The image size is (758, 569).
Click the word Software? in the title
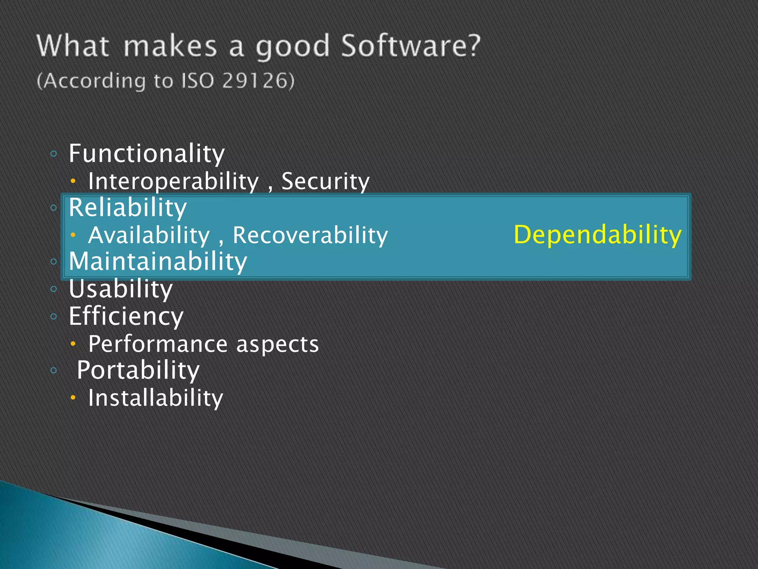pyautogui.click(x=410, y=46)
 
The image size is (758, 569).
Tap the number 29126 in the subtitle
pyautogui.click(x=258, y=81)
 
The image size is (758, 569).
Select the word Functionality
pyautogui.click(x=147, y=154)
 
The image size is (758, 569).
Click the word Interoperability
pyautogui.click(x=173, y=182)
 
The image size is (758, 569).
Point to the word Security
pyautogui.click(x=325, y=182)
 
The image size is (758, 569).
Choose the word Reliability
pyautogui.click(x=128, y=207)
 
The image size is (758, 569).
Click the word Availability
pyautogui.click(x=149, y=235)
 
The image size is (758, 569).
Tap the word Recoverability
pyautogui.click(x=310, y=235)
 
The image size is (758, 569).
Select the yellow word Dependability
pyautogui.click(x=597, y=235)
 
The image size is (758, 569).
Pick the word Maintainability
pyautogui.click(x=158, y=262)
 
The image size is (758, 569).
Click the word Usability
pyautogui.click(x=121, y=289)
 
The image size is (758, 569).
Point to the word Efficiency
pyautogui.click(x=126, y=316)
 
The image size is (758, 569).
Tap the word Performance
pyautogui.click(x=158, y=344)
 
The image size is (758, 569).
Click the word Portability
pyautogui.click(x=138, y=370)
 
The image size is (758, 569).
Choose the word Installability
pyautogui.click(x=155, y=398)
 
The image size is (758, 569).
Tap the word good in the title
pyautogui.click(x=292, y=47)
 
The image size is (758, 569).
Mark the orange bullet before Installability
pyautogui.click(x=73, y=398)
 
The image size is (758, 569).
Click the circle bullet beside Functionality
pyautogui.click(x=54, y=154)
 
